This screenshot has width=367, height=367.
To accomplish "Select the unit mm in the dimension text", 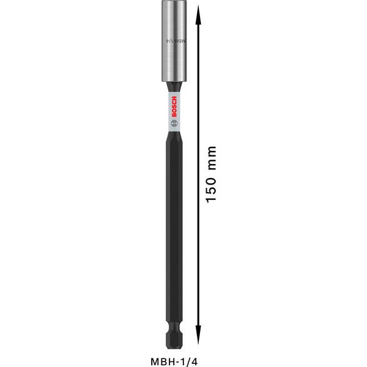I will [210, 157].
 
